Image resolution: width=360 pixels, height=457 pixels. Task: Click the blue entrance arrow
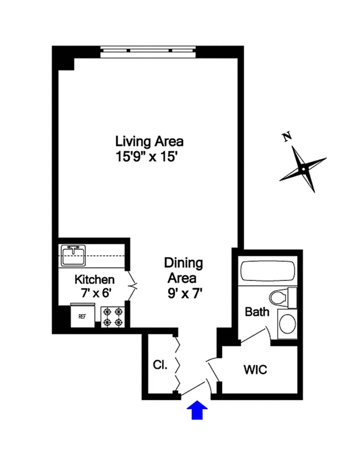pyautogui.click(x=197, y=410)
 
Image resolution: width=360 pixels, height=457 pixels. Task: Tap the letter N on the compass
pyautogui.click(x=287, y=137)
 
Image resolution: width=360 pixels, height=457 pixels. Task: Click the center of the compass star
pyautogui.click(x=303, y=169)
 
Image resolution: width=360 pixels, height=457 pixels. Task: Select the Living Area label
pyautogui.click(x=149, y=141)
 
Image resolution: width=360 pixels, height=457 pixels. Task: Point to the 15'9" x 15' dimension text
pyautogui.click(x=146, y=157)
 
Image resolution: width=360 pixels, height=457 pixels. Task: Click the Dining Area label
pyautogui.click(x=183, y=270)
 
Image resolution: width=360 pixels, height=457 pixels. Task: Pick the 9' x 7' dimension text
pyautogui.click(x=185, y=293)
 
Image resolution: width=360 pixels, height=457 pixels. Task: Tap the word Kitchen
pyautogui.click(x=94, y=279)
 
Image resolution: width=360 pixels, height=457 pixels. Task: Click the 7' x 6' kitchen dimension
pyautogui.click(x=96, y=292)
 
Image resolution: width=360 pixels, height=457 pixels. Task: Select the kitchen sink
pyautogui.click(x=73, y=255)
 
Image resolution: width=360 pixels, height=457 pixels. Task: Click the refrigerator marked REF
pyautogui.click(x=82, y=316)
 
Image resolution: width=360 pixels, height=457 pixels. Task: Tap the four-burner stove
pyautogui.click(x=113, y=317)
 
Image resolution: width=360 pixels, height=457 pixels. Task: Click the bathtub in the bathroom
pyautogui.click(x=268, y=271)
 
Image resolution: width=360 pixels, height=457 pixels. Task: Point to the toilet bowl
pyautogui.click(x=278, y=298)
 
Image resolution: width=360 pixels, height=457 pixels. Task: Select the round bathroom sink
pyautogui.click(x=287, y=324)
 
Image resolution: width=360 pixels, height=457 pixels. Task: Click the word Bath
pyautogui.click(x=257, y=312)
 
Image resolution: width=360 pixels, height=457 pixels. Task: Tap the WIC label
pyautogui.click(x=255, y=369)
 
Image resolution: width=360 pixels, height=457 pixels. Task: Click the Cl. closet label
pyautogui.click(x=160, y=365)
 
